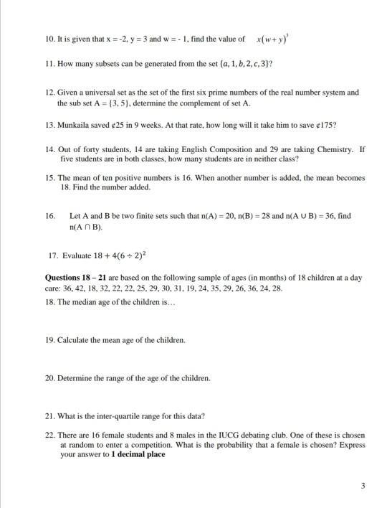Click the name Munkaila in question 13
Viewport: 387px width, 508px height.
[75, 124]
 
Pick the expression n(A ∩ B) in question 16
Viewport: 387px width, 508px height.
[85, 227]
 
